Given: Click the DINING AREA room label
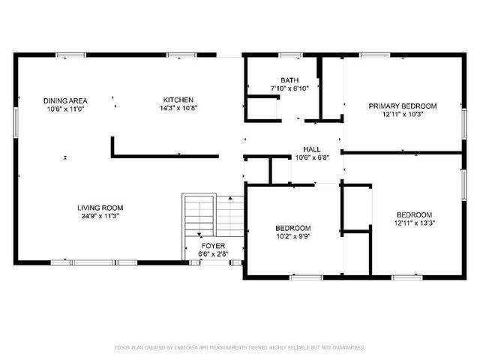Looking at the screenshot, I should point(65,100).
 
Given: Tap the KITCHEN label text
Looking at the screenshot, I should point(178,100).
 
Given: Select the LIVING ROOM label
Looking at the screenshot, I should point(100,208).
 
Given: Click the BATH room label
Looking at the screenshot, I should point(289,80).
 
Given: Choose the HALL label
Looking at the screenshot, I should point(312,149).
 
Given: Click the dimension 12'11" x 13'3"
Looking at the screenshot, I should point(415,223).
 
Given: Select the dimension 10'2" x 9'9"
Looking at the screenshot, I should point(292,236).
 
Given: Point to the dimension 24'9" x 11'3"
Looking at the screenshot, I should point(100,216).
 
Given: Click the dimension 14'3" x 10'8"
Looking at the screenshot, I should point(178,108).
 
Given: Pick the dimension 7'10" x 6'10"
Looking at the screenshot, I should point(289,88).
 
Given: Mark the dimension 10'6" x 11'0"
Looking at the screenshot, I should point(65,109).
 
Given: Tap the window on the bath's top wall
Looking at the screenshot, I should point(290,54).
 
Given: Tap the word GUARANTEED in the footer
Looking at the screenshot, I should point(349,347).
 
